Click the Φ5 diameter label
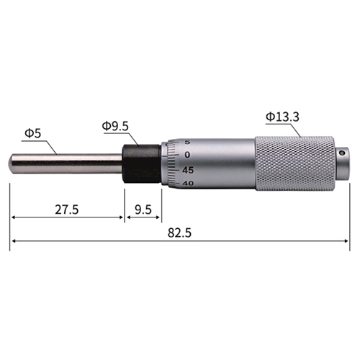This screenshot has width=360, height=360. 33,134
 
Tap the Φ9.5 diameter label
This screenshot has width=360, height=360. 115,126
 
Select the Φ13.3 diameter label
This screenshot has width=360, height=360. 282,117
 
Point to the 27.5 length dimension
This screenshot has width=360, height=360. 67,210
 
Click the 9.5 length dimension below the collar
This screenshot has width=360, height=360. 143,210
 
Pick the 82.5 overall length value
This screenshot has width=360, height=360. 179,233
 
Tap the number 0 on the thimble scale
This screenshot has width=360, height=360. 187,155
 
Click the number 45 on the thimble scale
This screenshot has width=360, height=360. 188,170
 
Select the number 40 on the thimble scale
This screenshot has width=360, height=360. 188,184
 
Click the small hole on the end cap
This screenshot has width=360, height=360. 341,153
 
